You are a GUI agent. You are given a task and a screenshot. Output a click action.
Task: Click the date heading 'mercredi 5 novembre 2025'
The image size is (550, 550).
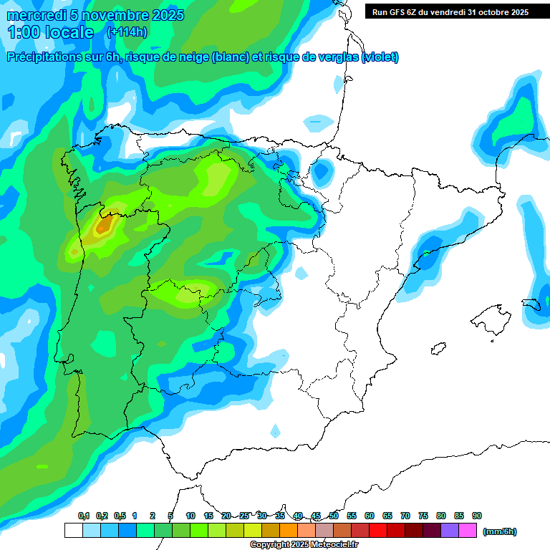(x=95, y=15)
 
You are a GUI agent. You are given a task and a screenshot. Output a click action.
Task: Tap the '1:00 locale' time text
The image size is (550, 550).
(x=51, y=32)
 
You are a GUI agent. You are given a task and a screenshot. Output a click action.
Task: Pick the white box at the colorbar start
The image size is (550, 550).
(x=73, y=531)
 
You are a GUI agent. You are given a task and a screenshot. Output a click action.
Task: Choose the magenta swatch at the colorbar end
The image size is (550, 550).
(x=468, y=531)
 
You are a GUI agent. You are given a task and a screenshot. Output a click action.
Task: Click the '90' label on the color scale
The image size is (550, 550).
(x=477, y=516)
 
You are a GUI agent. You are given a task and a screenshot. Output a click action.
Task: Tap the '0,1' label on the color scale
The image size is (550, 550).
(x=83, y=516)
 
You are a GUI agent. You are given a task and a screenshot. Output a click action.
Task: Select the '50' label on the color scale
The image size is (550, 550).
(x=334, y=516)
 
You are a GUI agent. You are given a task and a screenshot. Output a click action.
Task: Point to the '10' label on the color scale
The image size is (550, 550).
(x=190, y=516)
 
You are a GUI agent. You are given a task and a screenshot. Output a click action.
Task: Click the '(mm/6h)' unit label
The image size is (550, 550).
(x=500, y=531)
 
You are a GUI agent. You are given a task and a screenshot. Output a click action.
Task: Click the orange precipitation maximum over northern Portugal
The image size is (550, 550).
(x=105, y=226)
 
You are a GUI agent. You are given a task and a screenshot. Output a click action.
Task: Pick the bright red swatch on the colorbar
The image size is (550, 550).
(x=378, y=531)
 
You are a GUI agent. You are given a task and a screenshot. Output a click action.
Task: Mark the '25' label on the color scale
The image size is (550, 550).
(x=244, y=516)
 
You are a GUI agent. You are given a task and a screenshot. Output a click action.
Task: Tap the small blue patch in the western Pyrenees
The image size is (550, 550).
(x=322, y=171)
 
